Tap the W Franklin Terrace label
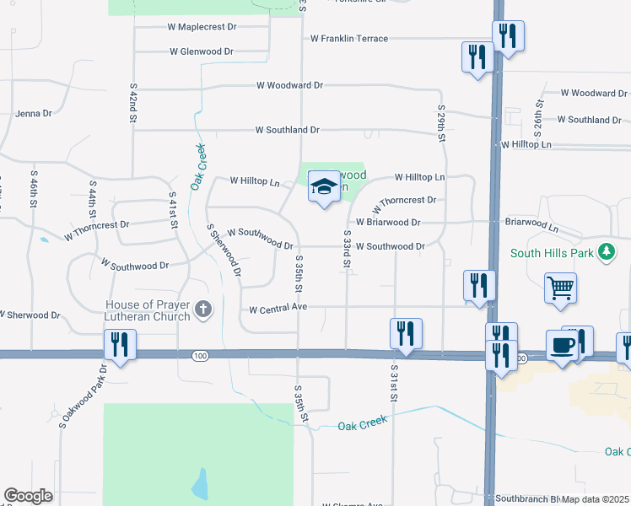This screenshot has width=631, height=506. pos(349,39)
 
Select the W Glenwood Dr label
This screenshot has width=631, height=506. pos(202,51)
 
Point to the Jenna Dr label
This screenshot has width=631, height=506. pos(34,113)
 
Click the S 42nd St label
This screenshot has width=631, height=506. pos(133,103)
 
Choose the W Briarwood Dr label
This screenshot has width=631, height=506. pos(388,223)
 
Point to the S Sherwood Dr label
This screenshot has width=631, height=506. pos(224,251)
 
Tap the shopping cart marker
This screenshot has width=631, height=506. pos(560,288)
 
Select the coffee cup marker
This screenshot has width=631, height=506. pos(562,345)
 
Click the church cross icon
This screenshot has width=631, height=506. pos(202,310)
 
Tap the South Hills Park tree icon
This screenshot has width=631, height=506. pos(605,252)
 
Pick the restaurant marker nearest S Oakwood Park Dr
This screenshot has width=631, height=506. pos(119,344)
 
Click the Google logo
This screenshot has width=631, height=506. pos(29,496)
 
